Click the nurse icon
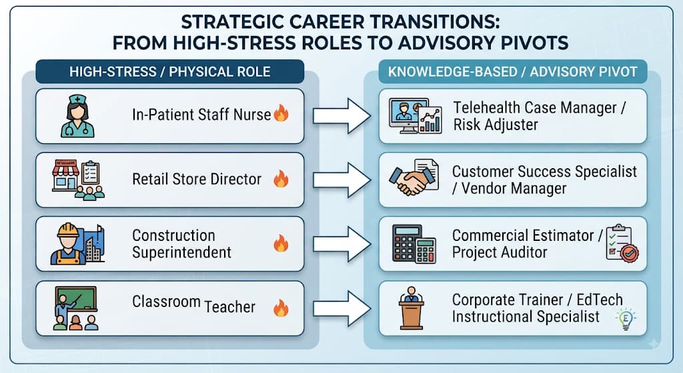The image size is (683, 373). click(x=77, y=116)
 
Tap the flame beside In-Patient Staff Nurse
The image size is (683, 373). click(x=281, y=113)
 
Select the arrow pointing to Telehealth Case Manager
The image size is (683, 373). click(x=342, y=116)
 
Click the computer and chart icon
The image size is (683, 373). click(x=415, y=116)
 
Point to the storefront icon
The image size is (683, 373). click(x=65, y=175)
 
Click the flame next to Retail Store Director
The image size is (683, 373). click(x=281, y=179)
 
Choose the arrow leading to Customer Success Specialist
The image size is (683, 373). click(x=342, y=180)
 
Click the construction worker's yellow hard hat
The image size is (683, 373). click(x=68, y=230)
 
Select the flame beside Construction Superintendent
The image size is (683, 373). click(x=281, y=244)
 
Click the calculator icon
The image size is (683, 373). click(x=414, y=244)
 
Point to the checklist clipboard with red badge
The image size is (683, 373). click(x=622, y=243)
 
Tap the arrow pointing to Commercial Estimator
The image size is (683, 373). click(x=342, y=244)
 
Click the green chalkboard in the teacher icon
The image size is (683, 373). click(x=76, y=298)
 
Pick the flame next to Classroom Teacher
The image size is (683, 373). click(x=281, y=308)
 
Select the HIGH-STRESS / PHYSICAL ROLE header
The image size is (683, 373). click(x=170, y=71)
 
